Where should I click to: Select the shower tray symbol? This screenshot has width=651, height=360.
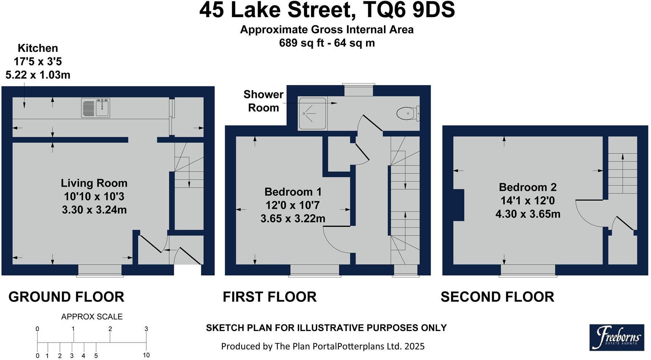click(312, 113)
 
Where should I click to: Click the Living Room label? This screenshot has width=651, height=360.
click(94, 183)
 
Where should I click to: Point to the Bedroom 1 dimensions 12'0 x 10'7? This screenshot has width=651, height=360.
click(292, 205)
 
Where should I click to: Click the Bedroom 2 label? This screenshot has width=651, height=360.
click(528, 187)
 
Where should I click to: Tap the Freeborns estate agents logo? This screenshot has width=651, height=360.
click(617, 337)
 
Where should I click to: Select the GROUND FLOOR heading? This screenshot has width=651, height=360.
click(66, 297)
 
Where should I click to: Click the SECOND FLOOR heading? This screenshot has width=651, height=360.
click(497, 297)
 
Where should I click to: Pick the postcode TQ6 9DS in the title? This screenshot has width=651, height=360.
click(409, 10)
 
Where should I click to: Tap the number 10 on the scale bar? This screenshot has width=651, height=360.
click(146, 355)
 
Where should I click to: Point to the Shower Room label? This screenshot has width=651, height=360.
click(263, 101)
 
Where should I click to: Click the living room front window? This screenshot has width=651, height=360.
click(100, 271)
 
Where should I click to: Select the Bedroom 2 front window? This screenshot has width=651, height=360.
click(528, 271)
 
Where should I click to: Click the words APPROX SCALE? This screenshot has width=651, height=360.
click(92, 317)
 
